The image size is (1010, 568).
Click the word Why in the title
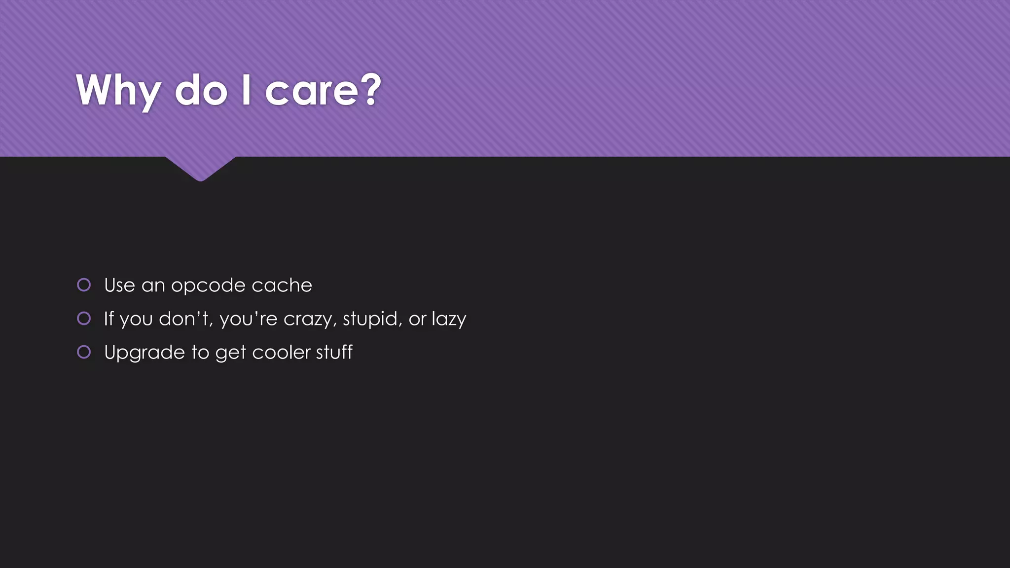pos(118,91)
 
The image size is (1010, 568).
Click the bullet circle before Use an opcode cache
pos(84,285)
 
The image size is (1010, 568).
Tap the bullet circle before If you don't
pos(84,319)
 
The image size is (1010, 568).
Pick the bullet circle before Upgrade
pos(84,352)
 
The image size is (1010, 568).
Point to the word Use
pos(119,285)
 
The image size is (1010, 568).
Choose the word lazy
pos(449,319)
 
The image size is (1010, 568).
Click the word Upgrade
pos(144,353)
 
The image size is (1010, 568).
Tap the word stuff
pos(334,352)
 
